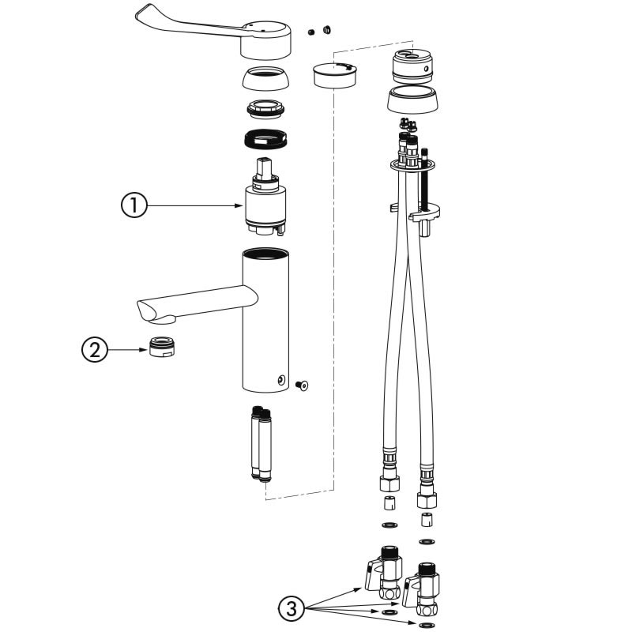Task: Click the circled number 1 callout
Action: (134, 205)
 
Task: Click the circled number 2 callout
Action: (95, 349)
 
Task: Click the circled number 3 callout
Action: (292, 608)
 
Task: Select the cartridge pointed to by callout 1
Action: (265, 196)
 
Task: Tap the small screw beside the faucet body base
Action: (302, 386)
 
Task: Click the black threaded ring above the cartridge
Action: (265, 139)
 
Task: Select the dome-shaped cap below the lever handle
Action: (265, 78)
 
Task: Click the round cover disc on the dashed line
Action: (334, 74)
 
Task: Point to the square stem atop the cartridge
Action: (265, 167)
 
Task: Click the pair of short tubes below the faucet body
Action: (261, 444)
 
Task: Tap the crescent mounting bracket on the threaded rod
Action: (424, 213)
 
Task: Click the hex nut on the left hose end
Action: (389, 483)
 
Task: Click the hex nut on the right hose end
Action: (427, 500)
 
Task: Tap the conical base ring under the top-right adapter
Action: (412, 100)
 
